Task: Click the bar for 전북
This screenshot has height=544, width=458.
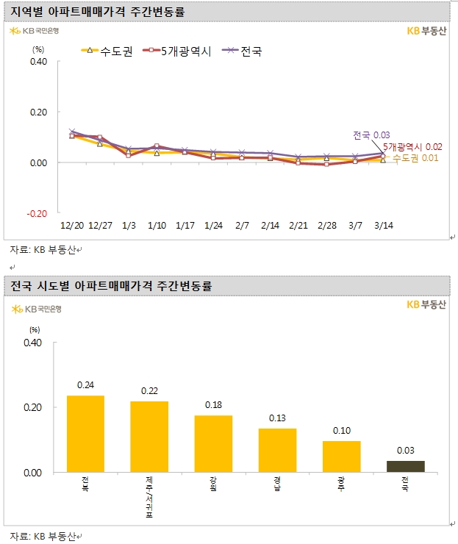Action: click(x=86, y=434)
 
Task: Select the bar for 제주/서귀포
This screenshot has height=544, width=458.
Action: click(x=149, y=437)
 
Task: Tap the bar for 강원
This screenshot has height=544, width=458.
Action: click(x=213, y=443)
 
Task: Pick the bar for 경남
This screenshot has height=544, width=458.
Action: click(x=277, y=450)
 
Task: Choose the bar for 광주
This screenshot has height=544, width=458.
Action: click(x=341, y=456)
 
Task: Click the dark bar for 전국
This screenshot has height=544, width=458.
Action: click(x=405, y=466)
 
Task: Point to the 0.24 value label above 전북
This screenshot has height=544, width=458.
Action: click(x=86, y=384)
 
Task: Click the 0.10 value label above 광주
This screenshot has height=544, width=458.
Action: click(x=341, y=430)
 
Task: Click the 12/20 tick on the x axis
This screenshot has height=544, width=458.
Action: click(x=71, y=223)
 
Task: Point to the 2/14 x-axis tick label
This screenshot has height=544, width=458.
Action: click(x=271, y=223)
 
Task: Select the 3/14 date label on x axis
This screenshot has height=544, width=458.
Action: click(x=382, y=223)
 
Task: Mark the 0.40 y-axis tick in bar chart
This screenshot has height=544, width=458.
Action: click(x=34, y=343)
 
